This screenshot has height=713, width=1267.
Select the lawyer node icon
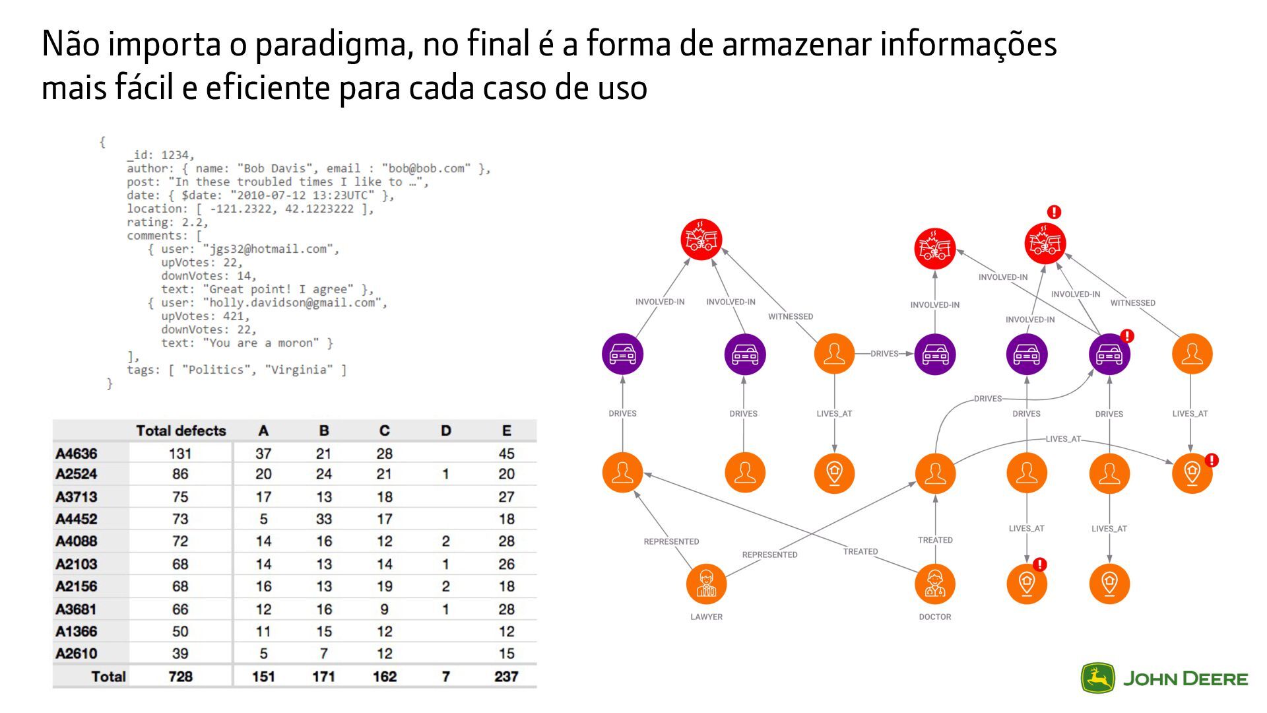706,584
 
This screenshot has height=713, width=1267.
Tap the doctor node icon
935,584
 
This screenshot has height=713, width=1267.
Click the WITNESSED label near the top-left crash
791,317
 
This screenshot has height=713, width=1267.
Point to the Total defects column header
181,431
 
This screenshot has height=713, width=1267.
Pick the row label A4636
77,454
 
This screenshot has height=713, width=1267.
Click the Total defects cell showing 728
180,677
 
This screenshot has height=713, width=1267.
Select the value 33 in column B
323,519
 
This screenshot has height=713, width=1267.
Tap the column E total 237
506,677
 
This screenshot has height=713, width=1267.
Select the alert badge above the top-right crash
1054,212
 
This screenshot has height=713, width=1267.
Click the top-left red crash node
701,239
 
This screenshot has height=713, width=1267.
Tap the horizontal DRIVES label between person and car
884,354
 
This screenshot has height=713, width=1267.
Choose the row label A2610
77,654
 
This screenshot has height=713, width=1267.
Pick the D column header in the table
445,431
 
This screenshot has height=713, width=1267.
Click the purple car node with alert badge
1109,355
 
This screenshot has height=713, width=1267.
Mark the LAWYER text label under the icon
706,617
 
